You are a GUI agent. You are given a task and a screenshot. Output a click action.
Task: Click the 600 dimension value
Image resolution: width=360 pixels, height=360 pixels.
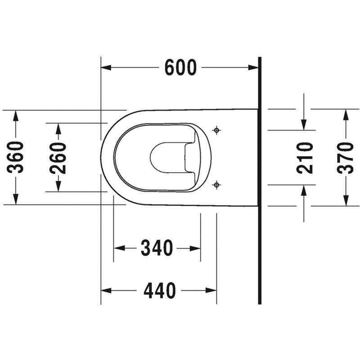pyautogui.click(x=181, y=67)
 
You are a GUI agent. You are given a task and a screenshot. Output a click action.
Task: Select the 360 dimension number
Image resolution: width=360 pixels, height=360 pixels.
pyautogui.click(x=15, y=157)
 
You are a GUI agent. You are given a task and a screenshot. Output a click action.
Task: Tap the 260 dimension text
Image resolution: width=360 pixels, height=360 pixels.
pyautogui.click(x=58, y=158)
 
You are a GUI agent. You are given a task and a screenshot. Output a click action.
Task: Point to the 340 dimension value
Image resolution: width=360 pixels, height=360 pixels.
pyautogui.click(x=157, y=248)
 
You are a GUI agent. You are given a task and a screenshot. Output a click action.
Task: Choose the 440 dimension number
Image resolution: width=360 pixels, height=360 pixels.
pyautogui.click(x=160, y=290)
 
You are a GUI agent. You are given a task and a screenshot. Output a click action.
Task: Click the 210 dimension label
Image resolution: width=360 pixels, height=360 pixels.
pyautogui.click(x=305, y=158)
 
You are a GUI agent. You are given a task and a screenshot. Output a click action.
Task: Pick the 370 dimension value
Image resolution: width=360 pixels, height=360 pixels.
pyautogui.click(x=345, y=158)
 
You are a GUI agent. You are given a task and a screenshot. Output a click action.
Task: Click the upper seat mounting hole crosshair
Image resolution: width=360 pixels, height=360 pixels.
pyautogui.click(x=216, y=130)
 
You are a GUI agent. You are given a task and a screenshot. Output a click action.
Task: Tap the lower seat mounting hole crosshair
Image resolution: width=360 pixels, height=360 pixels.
pyautogui.click(x=216, y=184)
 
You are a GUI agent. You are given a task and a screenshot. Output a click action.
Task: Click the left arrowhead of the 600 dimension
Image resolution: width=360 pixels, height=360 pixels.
pyautogui.click(x=106, y=67)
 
